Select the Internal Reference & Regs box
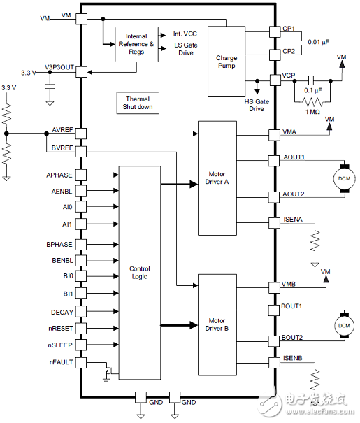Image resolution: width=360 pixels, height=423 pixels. tap(136, 45)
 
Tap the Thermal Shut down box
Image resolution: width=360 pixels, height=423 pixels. tap(138, 103)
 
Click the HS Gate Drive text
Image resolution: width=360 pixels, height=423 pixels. tap(258, 104)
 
